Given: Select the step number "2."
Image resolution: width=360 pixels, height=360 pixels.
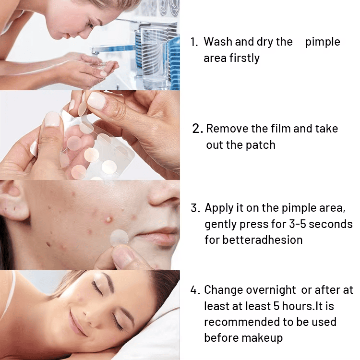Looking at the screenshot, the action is [x=198, y=129].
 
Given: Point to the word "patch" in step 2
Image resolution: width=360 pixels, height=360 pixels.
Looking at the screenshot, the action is [x=260, y=145].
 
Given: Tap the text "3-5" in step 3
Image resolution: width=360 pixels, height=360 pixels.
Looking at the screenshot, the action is [x=298, y=224].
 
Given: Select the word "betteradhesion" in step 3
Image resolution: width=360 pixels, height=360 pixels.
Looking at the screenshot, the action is [x=263, y=240].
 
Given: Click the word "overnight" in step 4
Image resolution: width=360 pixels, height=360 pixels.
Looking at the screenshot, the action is [x=271, y=290].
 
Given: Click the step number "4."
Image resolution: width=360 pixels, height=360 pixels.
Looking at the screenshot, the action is [x=195, y=290].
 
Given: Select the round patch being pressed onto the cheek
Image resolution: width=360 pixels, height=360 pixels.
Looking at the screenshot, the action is [x=119, y=238].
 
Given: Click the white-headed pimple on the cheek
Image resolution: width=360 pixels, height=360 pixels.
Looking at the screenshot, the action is [x=108, y=219].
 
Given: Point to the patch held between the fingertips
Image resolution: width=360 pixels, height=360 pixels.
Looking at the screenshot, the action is [x=82, y=106].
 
